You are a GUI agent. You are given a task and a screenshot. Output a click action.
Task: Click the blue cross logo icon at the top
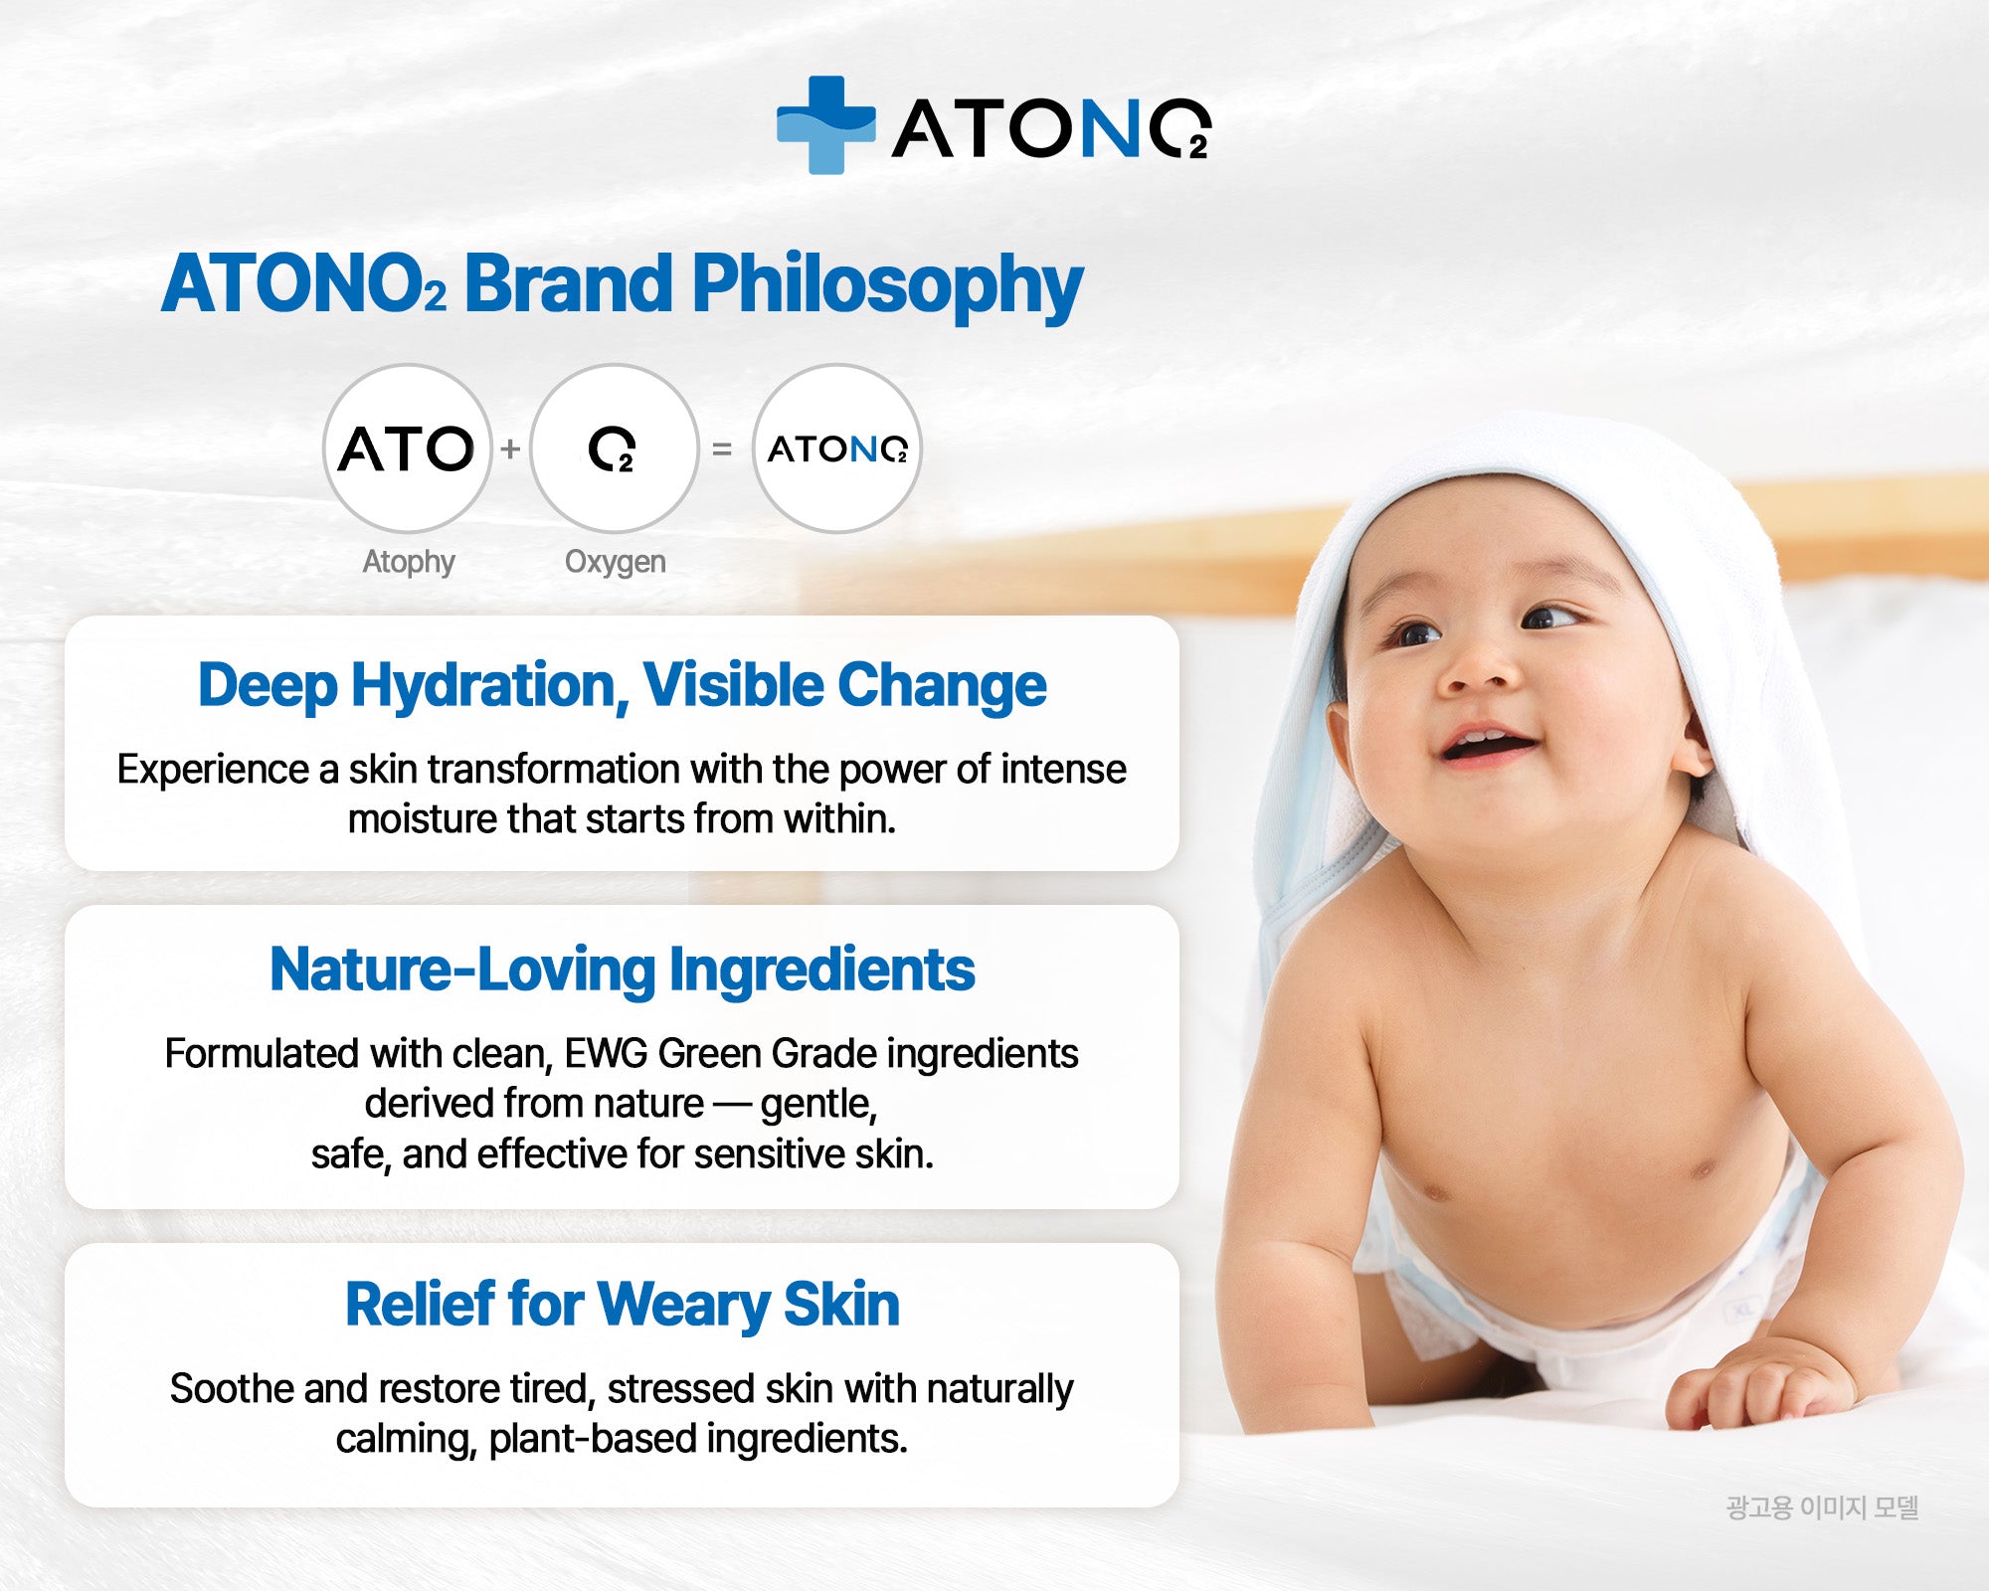pyautogui.click(x=825, y=125)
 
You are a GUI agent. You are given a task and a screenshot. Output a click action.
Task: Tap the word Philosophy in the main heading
pyautogui.click(x=886, y=285)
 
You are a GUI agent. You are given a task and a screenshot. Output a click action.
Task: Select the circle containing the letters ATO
pyautogui.click(x=407, y=448)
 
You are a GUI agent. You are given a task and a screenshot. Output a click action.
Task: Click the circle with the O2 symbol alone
pyautogui.click(x=614, y=448)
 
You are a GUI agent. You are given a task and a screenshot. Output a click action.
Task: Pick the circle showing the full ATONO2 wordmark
pyautogui.click(x=836, y=448)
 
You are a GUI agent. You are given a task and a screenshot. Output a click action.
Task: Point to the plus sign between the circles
pyautogui.click(x=510, y=449)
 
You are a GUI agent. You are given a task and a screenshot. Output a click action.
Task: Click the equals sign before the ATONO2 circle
pyautogui.click(x=722, y=449)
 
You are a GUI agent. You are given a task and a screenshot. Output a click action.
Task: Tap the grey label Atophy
pyautogui.click(x=408, y=562)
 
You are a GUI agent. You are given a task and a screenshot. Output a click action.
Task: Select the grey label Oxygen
pyautogui.click(x=615, y=562)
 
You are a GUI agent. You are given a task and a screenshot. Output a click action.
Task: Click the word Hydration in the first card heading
pyautogui.click(x=489, y=686)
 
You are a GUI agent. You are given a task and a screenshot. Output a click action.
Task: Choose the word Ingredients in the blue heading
pyautogui.click(x=821, y=971)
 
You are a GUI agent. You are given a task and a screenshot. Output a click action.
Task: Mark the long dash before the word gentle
pyautogui.click(x=732, y=1104)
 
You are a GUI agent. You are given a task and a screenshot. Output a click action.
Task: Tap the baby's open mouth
pyautogui.click(x=1490, y=743)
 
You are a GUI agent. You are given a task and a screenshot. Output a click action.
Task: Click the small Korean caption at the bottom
pyautogui.click(x=1822, y=1507)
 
